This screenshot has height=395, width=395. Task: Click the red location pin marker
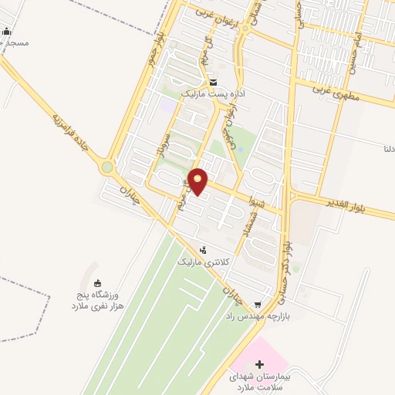[198, 181]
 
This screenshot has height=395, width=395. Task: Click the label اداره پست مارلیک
[212, 93]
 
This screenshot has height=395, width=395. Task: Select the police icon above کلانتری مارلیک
[203, 250]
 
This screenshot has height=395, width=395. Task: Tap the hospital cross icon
[259, 363]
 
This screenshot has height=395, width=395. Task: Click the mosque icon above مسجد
[7, 32]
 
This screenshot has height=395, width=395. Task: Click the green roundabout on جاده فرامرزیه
[106, 167]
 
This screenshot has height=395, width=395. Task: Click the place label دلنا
[387, 147]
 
